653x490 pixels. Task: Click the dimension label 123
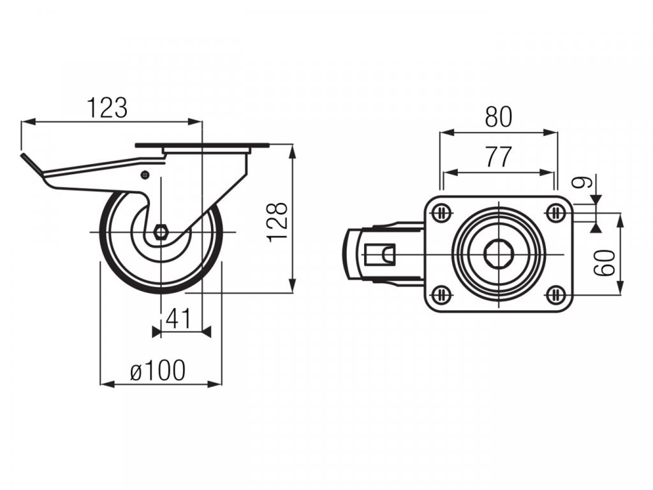pos(107,108)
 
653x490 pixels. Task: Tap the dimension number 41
pos(179,318)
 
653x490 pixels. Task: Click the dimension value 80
pos(499,117)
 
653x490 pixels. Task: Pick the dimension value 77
pos(498,157)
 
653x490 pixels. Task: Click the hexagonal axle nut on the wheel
pos(161,232)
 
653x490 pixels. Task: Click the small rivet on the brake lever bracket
pos(145,174)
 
